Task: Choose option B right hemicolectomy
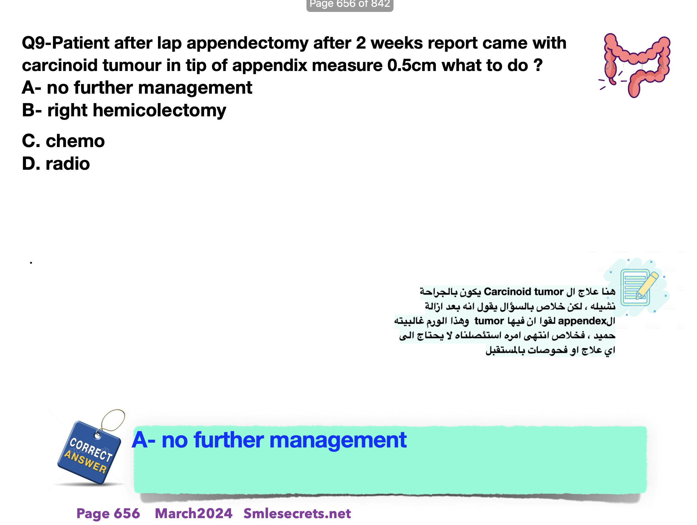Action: [124, 111]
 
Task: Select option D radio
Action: [56, 164]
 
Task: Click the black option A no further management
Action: [137, 87]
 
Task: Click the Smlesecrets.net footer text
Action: [297, 513]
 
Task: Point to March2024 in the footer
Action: [193, 513]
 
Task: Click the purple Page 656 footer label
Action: [108, 513]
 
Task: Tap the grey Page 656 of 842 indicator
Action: [350, 4]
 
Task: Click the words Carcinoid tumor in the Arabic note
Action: [523, 292]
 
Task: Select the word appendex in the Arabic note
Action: [582, 321]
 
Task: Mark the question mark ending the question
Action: [538, 65]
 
